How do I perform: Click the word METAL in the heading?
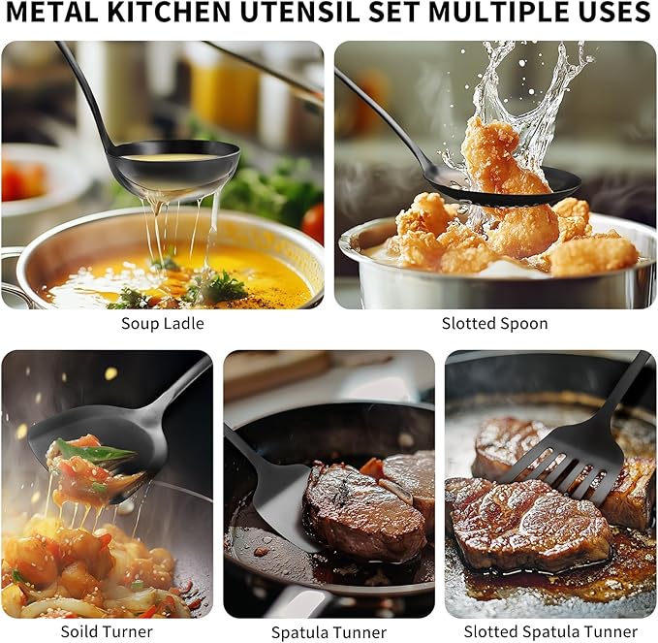52,13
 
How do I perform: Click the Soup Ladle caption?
163,323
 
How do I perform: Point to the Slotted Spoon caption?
495,323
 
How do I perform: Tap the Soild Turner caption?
107,631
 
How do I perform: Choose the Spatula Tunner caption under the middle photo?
329,632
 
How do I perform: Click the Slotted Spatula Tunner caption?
550,631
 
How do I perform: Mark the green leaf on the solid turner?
94,452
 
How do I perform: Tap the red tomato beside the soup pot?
313,223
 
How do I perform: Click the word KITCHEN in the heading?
169,13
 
